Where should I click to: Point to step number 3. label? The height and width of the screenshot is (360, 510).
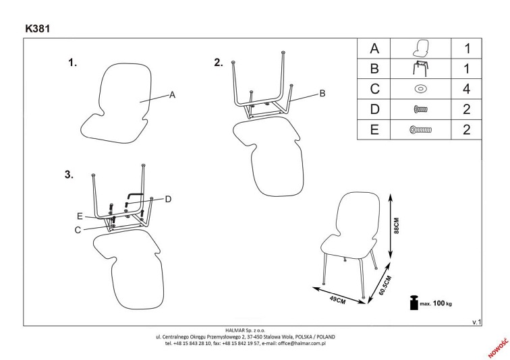68,175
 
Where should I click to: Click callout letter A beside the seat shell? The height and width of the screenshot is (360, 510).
172,95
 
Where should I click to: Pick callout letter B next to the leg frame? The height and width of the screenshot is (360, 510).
322,93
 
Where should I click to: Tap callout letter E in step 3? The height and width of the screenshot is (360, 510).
79,216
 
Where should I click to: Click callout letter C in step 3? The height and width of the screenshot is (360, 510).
78,229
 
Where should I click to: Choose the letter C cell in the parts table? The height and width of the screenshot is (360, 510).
375,88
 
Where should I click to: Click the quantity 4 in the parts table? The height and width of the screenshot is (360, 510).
466,88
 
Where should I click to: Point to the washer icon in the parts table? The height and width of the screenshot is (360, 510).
420,88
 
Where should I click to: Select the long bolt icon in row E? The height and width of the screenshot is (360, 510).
420,129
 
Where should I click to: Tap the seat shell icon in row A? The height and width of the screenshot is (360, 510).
420,49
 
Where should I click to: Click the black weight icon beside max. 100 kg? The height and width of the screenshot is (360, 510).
412,303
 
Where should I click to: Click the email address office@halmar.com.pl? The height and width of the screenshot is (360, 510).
297,342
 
